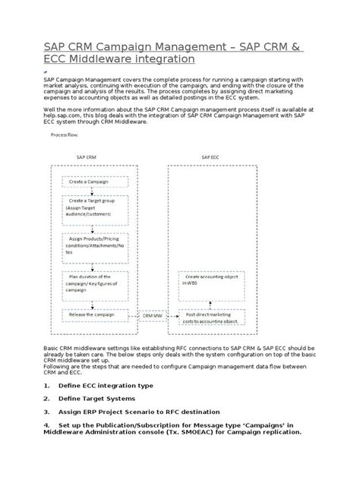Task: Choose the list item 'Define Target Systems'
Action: (x=96, y=398)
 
